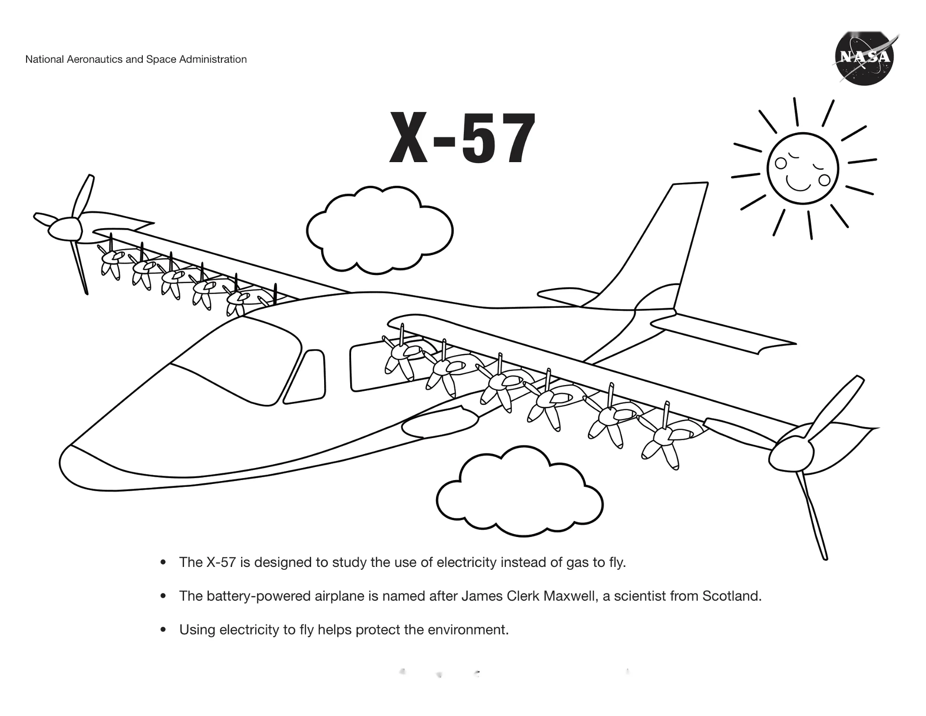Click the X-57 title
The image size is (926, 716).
tap(462, 138)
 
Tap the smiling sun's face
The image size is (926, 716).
tap(803, 169)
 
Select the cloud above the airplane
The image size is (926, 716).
tap(380, 230)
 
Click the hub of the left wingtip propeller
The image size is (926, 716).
tap(65, 229)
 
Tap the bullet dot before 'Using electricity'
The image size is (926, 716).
tap(163, 630)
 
